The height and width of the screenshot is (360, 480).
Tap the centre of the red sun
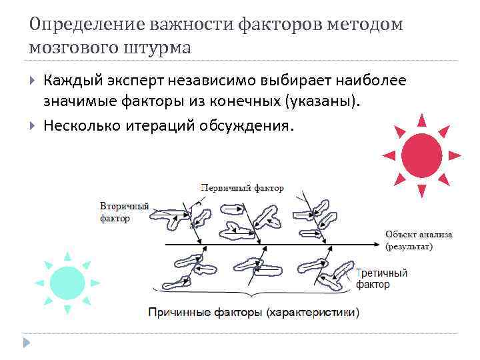click(x=421, y=155)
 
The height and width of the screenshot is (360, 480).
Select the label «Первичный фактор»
click(x=242, y=188)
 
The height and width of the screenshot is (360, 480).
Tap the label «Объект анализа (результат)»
click(x=418, y=240)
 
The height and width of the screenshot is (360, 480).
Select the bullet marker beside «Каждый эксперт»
click(x=33, y=81)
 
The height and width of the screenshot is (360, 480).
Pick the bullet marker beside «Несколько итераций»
click(x=33, y=125)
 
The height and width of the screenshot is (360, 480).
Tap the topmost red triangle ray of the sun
click(x=421, y=120)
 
